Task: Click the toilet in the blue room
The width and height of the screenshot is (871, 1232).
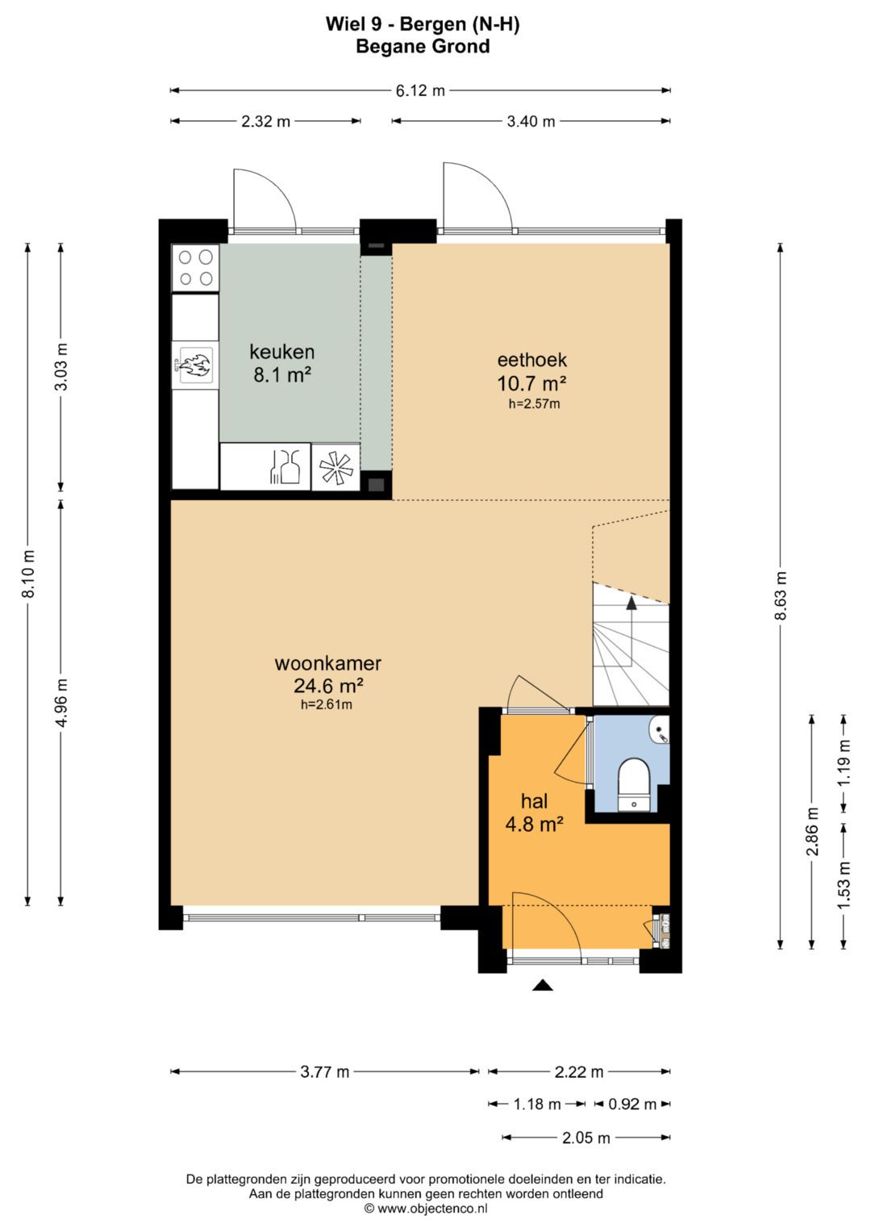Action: point(633,784)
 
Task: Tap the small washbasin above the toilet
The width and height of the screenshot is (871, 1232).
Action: point(659,730)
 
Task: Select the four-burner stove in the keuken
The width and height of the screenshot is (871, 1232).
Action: point(196,268)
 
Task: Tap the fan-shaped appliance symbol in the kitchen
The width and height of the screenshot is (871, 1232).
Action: point(336,467)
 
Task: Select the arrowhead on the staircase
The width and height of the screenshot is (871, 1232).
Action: point(631,603)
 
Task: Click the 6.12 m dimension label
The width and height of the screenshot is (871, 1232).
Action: point(420,90)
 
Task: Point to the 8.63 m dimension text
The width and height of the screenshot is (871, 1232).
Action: point(781,595)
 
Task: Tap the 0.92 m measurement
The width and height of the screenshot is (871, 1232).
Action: point(632,1104)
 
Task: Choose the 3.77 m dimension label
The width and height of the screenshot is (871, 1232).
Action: point(324,1071)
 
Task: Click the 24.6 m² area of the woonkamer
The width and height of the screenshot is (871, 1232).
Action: point(328,685)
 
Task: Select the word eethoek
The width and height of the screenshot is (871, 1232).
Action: point(531,361)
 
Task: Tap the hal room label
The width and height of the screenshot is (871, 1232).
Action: point(535,801)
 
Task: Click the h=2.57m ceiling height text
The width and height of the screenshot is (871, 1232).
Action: point(534,404)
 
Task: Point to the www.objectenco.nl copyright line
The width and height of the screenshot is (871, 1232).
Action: point(426,1209)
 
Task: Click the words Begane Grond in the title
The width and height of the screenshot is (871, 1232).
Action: point(423,47)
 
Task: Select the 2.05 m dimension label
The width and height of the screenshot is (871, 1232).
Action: point(586,1138)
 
